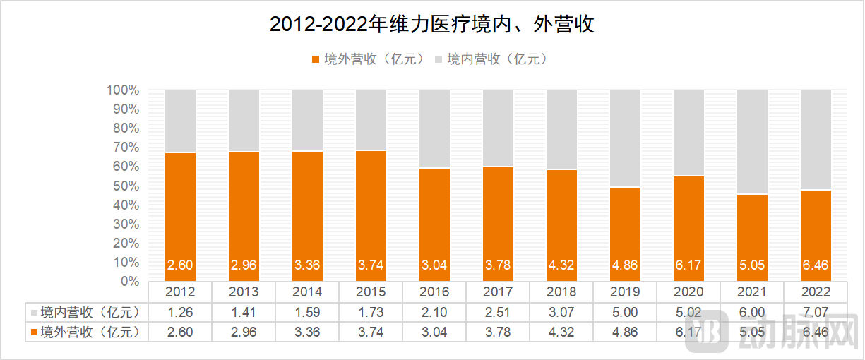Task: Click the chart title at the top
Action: pos(432,25)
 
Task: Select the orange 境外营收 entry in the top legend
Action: pos(367,59)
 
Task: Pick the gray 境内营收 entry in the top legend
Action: pos(491,59)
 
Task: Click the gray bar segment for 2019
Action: pos(625,138)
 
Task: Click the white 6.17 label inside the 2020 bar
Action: pos(688,266)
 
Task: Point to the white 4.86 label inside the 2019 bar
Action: pos(625,266)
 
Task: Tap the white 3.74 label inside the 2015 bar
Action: pos(371,266)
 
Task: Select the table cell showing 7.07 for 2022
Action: pos(816,311)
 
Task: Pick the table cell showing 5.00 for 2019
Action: pos(625,311)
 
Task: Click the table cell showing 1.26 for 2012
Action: pos(180,311)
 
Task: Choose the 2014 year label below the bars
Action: pos(307,292)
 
